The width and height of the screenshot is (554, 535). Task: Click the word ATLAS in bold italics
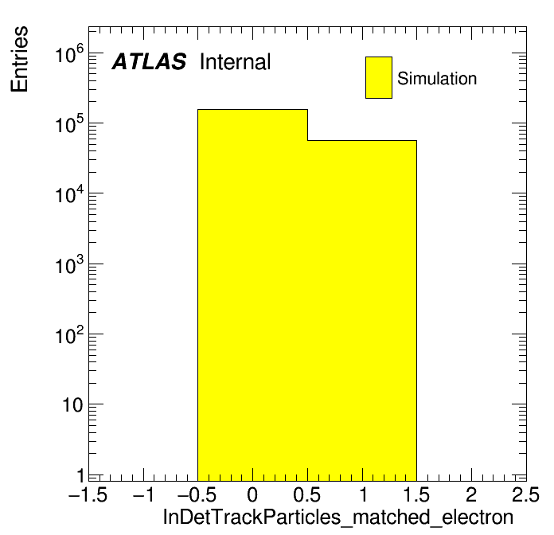(x=149, y=61)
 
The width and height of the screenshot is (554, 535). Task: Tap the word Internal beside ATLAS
(x=235, y=61)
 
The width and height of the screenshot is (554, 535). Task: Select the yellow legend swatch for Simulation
(x=379, y=77)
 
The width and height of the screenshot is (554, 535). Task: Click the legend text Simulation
(x=437, y=78)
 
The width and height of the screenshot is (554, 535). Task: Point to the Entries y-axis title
(x=19, y=59)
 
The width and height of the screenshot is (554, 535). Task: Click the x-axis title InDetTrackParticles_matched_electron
(x=338, y=517)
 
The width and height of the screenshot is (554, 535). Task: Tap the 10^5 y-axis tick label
(x=69, y=123)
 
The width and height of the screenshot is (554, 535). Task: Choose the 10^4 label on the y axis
(x=69, y=193)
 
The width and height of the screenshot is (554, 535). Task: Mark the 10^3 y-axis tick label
(x=69, y=264)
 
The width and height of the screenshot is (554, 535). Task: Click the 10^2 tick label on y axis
(x=69, y=334)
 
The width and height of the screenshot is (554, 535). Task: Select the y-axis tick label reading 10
(x=73, y=405)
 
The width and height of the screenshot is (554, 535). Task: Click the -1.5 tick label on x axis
(x=88, y=494)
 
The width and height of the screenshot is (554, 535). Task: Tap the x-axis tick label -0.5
(x=197, y=494)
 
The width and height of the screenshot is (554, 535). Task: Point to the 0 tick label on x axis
(x=252, y=494)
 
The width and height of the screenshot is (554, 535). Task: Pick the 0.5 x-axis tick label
(x=306, y=494)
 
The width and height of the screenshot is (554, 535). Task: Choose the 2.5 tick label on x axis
(x=525, y=494)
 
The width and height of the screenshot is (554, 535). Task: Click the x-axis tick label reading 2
(x=471, y=494)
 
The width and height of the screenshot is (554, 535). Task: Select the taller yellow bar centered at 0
(x=252, y=295)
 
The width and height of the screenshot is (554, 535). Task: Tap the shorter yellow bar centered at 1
(x=362, y=310)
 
